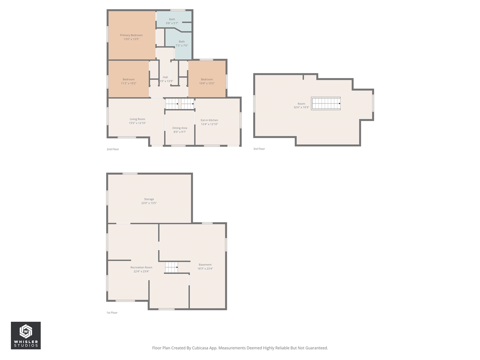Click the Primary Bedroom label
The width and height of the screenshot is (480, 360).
tap(131, 35)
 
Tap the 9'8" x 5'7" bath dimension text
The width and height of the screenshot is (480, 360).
tap(172, 23)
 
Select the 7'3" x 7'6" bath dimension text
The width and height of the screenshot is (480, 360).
tap(182, 46)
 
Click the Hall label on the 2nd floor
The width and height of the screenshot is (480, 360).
tap(165, 77)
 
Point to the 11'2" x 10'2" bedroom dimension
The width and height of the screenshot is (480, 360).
tap(129, 83)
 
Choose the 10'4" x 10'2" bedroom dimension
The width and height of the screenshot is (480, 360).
tap(207, 83)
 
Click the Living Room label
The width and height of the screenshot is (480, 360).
tap(137, 119)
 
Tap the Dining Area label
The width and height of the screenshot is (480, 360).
tap(180, 128)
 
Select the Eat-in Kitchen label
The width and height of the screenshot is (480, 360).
tap(209, 120)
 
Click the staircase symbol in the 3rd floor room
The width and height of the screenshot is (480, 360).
tap(326, 103)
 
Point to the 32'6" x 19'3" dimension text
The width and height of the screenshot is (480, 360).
tap(301, 108)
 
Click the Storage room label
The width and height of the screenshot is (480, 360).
tap(149, 199)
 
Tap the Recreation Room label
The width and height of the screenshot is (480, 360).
tap(141, 267)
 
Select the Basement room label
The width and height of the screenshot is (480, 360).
tap(205, 265)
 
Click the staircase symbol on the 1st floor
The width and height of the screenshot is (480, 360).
tap(171, 267)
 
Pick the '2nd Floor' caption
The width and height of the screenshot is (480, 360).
tap(112, 149)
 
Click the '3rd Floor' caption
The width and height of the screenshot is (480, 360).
tap(259, 149)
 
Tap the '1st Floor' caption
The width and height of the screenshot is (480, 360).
tap(112, 312)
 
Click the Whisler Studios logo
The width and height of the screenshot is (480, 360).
tap(26, 335)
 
